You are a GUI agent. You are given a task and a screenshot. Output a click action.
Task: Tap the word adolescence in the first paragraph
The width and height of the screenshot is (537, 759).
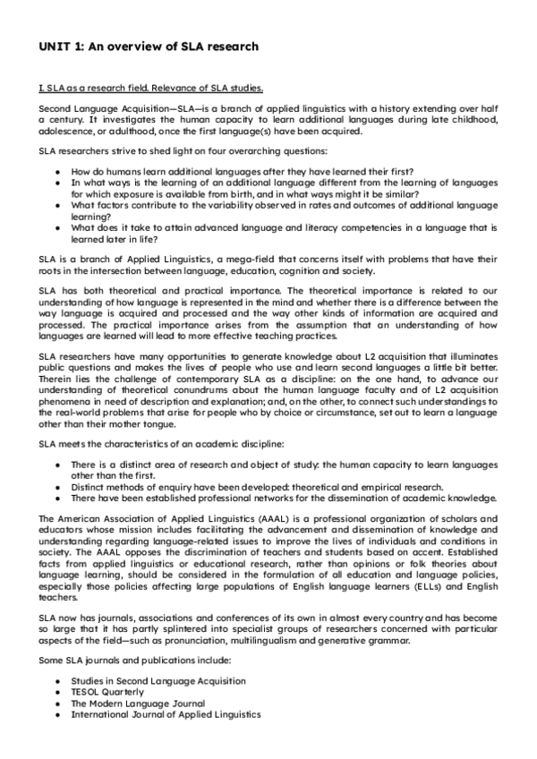pos(70,131)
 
